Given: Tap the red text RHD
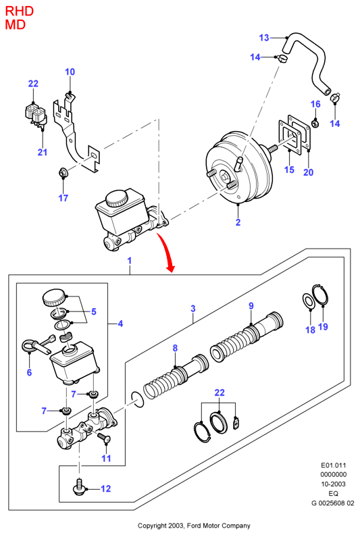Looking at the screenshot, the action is (20, 11).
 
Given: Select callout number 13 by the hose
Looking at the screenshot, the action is (264, 38).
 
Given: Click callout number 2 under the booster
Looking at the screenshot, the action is (238, 222).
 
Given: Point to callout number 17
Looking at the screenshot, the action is (63, 198).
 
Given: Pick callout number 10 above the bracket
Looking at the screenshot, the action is (70, 72).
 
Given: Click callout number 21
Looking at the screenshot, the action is (43, 152).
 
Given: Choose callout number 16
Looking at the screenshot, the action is (315, 104).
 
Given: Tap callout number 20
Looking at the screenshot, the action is (308, 172).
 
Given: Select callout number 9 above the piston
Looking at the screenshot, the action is (251, 306).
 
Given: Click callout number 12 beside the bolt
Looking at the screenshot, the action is (106, 488).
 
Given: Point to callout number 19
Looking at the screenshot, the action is (323, 326).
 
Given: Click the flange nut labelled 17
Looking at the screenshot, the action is (63, 174).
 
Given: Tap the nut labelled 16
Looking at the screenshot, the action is (315, 122).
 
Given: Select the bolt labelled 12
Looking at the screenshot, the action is (78, 486).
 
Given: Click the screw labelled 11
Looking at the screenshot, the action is (104, 438).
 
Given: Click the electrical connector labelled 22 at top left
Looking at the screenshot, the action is (35, 113).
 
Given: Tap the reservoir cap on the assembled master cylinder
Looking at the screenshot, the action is (117, 198).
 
